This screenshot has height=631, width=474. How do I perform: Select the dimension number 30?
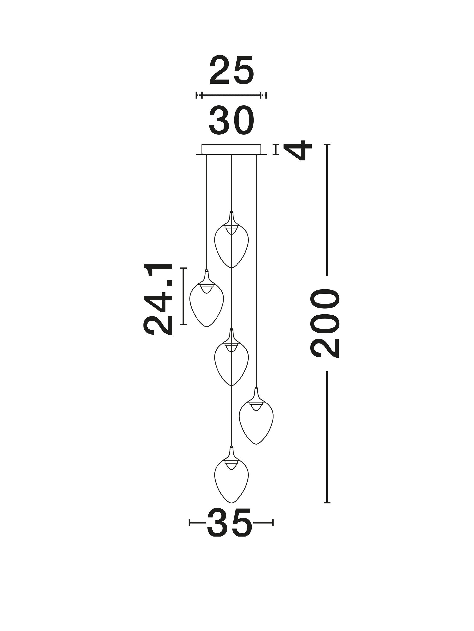[231, 121]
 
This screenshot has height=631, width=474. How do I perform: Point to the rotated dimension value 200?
[325, 323]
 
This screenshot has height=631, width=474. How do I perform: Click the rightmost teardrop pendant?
[256, 416]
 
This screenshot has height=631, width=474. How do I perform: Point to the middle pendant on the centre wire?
[231, 357]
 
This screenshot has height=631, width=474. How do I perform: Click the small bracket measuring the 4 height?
[276, 150]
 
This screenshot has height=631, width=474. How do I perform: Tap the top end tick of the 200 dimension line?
[327, 145]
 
